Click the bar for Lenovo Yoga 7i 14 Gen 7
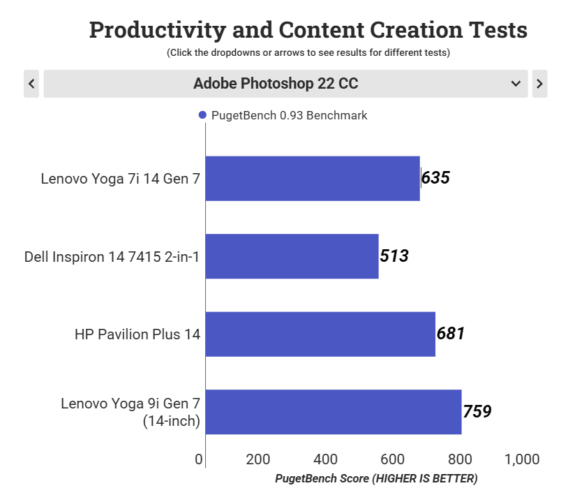click(313, 178)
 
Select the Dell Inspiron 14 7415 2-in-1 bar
click(292, 256)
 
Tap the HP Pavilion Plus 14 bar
click(320, 334)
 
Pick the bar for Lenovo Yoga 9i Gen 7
click(334, 412)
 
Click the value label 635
click(435, 178)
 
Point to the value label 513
click(394, 256)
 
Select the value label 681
click(450, 334)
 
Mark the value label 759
click(477, 412)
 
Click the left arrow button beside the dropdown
click(31, 84)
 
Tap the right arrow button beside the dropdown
click(539, 84)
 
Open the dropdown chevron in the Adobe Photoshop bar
click(516, 84)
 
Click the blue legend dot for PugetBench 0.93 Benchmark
click(202, 115)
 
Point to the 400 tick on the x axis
click(326, 459)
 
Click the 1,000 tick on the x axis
click(522, 459)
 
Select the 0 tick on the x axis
click(200, 459)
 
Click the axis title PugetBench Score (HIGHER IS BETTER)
click(376, 478)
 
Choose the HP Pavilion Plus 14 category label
click(137, 334)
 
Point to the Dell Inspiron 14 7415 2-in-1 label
click(112, 257)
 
